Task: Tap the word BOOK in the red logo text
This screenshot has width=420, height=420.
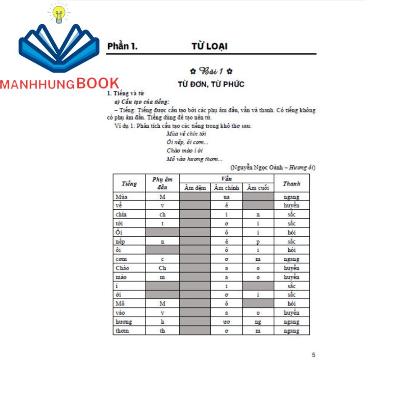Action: coord(98,84)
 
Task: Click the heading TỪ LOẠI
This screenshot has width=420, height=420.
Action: coord(209,46)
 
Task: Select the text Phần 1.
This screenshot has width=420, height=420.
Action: coord(122,46)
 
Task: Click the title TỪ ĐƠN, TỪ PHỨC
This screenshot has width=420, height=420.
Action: coord(211,84)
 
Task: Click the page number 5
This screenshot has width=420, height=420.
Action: coord(313,355)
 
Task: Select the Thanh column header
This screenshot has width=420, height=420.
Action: coord(291,183)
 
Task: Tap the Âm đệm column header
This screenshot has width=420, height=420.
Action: coord(195,188)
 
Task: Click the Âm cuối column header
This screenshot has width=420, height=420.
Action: coord(258,188)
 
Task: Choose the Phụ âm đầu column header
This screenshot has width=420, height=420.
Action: coord(162,183)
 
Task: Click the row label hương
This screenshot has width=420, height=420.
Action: coord(124,322)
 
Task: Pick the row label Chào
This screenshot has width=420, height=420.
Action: coord(122,268)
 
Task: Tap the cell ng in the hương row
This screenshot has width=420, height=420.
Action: coord(258,322)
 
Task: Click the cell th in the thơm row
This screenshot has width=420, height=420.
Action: coord(162,331)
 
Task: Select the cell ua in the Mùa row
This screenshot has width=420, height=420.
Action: coord(226,197)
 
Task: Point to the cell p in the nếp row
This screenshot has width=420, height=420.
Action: coord(258,241)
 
